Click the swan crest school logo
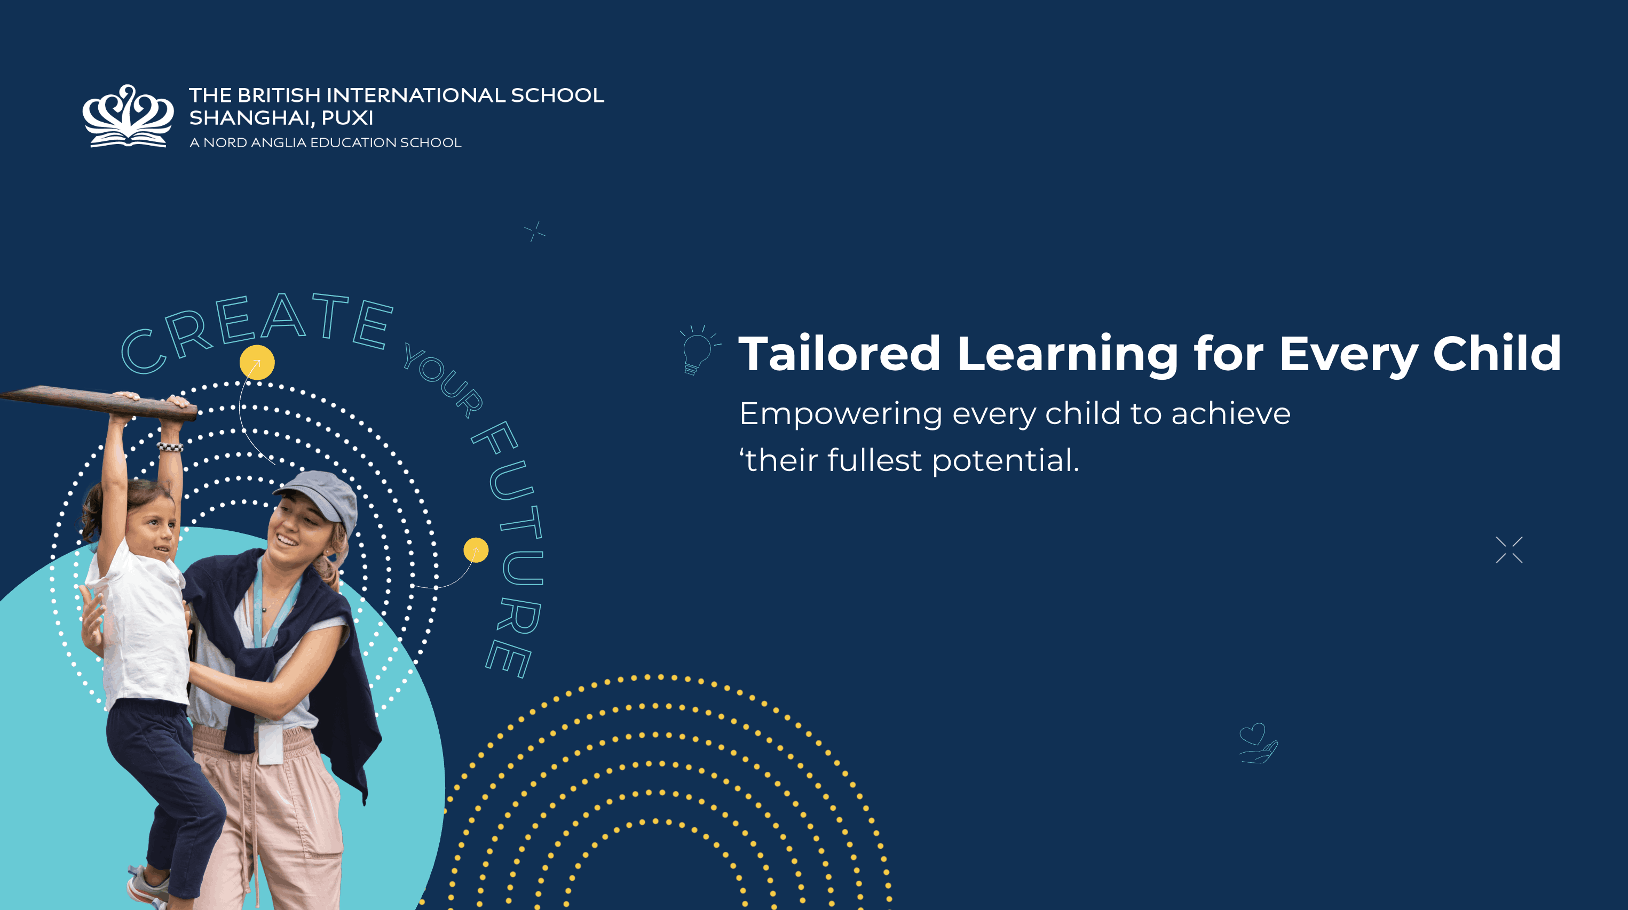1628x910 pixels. click(128, 116)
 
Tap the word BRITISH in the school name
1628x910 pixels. click(279, 95)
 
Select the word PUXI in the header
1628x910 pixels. click(347, 118)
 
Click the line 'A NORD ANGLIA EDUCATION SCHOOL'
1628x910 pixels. click(326, 143)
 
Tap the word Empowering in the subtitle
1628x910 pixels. click(841, 415)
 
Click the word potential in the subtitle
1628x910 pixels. click(1005, 460)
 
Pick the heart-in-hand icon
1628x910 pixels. click(1258, 743)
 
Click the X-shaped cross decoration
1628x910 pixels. click(1509, 550)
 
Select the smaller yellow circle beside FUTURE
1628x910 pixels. click(476, 550)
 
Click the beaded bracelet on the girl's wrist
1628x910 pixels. click(170, 447)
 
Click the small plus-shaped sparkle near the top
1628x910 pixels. click(535, 232)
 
